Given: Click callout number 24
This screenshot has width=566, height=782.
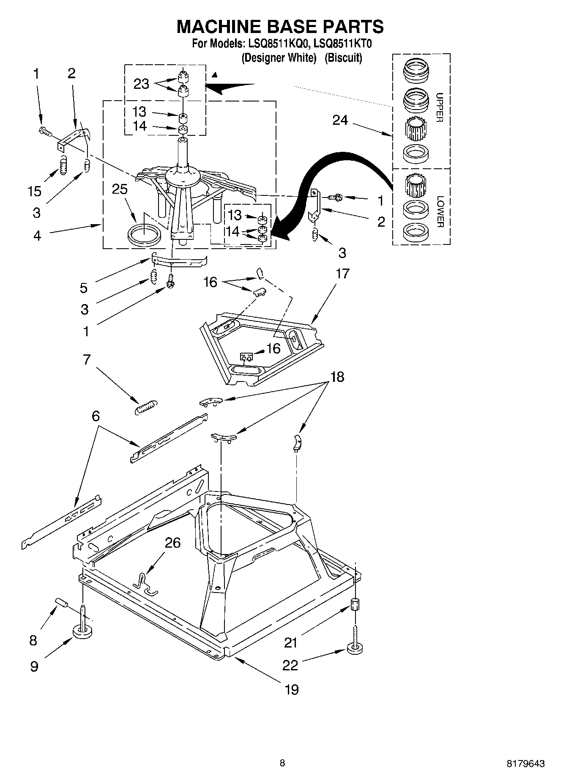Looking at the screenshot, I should (340, 121).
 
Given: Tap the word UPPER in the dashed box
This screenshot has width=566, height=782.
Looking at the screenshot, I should (440, 107).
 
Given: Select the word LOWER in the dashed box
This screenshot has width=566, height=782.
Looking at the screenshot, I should (440, 211).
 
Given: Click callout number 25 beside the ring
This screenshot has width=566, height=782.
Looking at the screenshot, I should (120, 189).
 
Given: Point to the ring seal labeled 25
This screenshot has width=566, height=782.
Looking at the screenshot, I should (144, 234).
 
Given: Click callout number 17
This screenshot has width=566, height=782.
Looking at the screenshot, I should (342, 274).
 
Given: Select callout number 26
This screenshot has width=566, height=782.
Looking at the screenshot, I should (172, 542).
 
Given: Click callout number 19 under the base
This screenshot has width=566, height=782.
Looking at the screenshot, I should (292, 689).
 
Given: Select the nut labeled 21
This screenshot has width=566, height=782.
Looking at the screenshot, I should (356, 604).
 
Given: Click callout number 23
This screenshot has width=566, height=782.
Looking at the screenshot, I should (141, 84).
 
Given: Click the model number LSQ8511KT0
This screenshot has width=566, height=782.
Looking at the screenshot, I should (343, 44).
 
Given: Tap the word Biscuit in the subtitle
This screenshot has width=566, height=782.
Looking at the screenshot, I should (343, 58).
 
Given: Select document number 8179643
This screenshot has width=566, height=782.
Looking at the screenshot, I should (525, 764).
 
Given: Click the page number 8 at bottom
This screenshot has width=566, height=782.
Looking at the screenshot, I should (282, 763).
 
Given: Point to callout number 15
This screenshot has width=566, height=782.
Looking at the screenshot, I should (35, 191).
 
